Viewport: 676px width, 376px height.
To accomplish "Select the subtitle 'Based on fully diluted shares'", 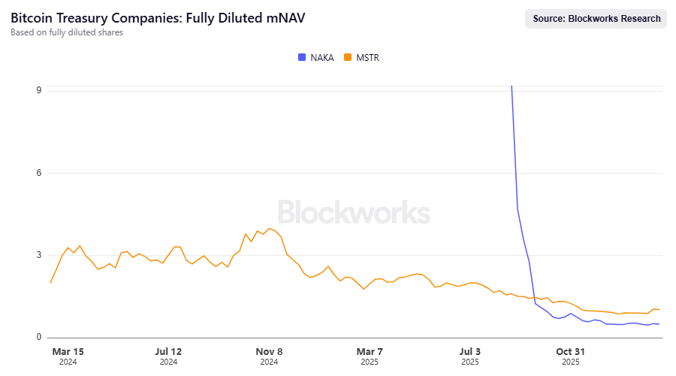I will coord(67,32).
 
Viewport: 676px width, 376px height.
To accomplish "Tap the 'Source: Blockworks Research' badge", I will coord(596,19).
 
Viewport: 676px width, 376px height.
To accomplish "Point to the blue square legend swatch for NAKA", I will coord(302,57).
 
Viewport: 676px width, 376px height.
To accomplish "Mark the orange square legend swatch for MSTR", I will coord(348,57).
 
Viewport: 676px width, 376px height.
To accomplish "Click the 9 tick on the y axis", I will coord(38,90).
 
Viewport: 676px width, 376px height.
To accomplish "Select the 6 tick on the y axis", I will coord(38,173).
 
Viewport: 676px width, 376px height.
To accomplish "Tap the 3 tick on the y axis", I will coord(38,255).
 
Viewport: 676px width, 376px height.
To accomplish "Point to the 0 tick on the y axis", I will coord(38,338).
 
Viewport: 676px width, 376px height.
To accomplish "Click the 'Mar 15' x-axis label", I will coord(68,351).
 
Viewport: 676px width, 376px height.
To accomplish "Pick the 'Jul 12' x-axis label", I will coord(168,351).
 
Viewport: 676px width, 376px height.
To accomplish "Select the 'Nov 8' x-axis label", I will coord(269,351).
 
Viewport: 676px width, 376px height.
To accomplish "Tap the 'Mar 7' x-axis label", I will coord(370,351).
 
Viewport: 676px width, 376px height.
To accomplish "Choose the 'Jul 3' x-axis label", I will coord(470,351).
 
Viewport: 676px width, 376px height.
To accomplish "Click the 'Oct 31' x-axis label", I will coord(570,351).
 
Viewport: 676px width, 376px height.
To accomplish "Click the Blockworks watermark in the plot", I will coord(354,212).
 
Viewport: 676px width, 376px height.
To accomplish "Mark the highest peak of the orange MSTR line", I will coord(269,228).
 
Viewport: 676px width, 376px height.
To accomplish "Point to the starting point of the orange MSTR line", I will coord(50,283).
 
